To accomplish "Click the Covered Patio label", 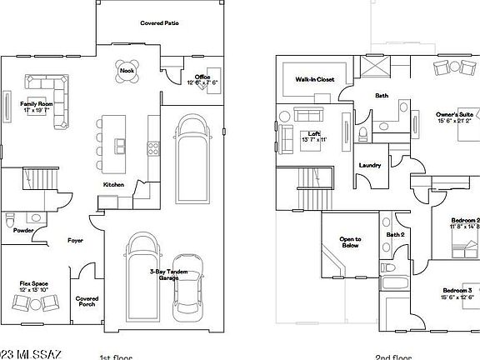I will (159, 22).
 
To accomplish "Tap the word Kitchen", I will (113, 184).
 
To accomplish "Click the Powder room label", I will (23, 230).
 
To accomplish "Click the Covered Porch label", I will (87, 300).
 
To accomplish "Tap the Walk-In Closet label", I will (313, 79).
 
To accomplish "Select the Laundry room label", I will (369, 165).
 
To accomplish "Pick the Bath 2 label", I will (395, 234).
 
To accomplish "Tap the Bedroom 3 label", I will (457, 292).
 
